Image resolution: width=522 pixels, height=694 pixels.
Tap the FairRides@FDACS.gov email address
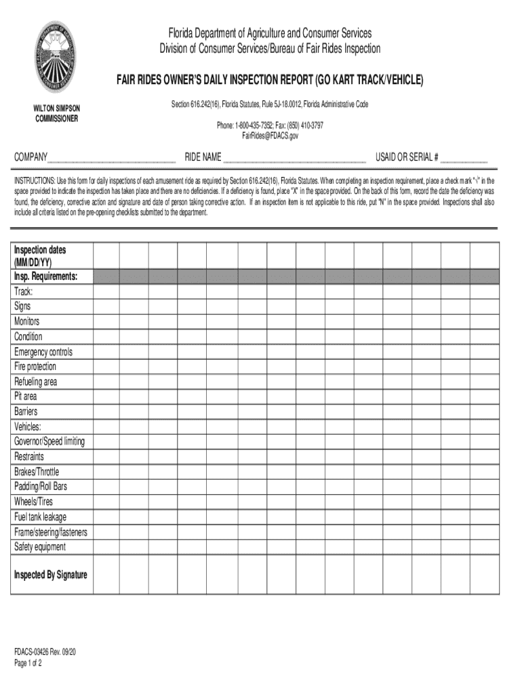tap(270, 136)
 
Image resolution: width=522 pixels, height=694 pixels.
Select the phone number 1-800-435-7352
tap(258, 125)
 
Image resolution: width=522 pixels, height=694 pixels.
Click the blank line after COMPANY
tap(112, 159)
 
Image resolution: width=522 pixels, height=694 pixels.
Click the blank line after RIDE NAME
tap(294, 159)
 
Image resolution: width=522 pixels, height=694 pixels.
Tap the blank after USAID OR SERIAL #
tap(464, 159)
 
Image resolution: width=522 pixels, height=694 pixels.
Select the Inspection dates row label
tap(40, 256)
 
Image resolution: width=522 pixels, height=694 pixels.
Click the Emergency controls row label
tap(43, 352)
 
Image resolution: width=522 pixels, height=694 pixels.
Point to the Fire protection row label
tap(35, 367)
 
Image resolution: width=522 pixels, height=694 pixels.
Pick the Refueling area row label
tap(35, 382)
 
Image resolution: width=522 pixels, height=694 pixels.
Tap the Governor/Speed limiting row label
tap(49, 441)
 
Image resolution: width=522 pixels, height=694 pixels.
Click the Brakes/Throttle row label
tap(37, 472)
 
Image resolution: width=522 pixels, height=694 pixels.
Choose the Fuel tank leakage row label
tap(40, 516)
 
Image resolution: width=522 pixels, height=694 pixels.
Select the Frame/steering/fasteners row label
tap(50, 532)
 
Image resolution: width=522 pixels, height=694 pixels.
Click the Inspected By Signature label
tap(50, 575)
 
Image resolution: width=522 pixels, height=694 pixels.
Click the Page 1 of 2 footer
tap(28, 664)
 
